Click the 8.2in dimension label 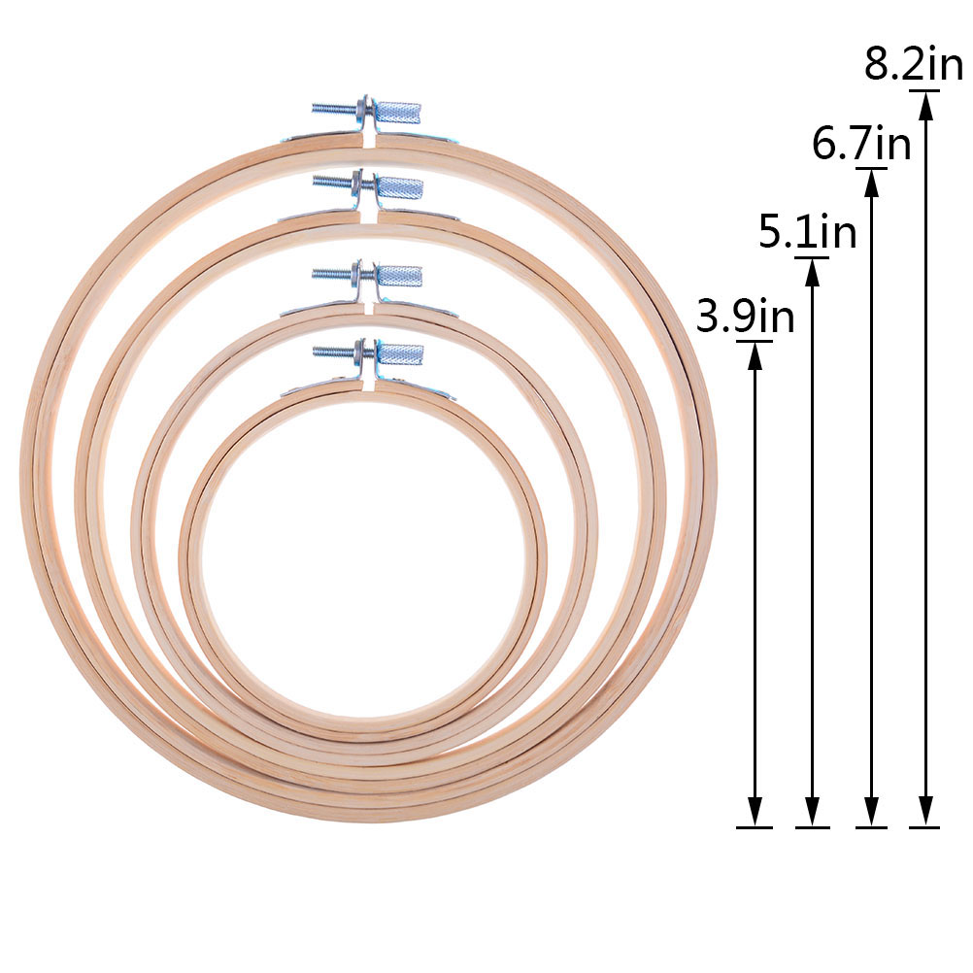click(x=914, y=63)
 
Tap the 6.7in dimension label click(x=861, y=144)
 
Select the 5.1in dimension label click(x=808, y=231)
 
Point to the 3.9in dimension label click(x=745, y=316)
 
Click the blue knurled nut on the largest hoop click(x=401, y=113)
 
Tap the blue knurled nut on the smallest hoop click(x=400, y=355)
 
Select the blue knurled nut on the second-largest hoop click(x=400, y=187)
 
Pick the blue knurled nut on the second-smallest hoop click(x=400, y=276)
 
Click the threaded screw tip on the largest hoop click(x=314, y=108)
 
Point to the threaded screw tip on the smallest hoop click(x=316, y=352)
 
